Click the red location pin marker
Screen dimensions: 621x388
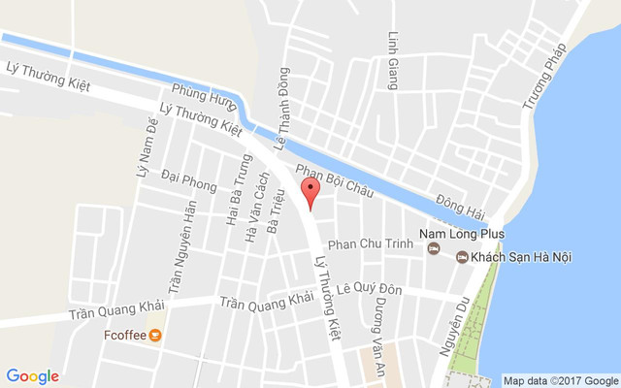coord(310,191)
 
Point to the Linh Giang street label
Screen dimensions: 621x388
coord(394,60)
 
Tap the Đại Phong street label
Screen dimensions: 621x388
coord(189,180)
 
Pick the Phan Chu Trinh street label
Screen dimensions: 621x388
coord(373,244)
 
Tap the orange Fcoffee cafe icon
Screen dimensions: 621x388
coord(156,336)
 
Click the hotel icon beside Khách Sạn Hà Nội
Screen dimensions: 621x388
coord(462,256)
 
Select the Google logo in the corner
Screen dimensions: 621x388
coord(32,376)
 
